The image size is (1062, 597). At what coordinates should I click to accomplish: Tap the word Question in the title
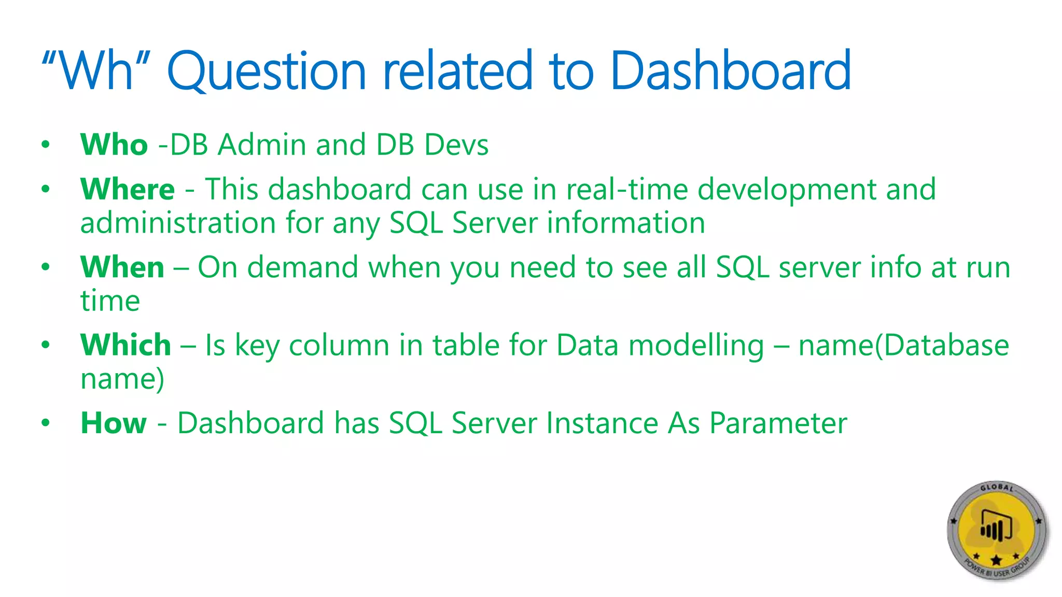point(267,72)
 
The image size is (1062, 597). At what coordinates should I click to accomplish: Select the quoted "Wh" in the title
point(95,70)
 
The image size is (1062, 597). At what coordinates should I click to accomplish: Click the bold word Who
point(114,145)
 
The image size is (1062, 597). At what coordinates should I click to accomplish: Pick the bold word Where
point(128,189)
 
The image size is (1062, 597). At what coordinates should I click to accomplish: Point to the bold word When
point(122,267)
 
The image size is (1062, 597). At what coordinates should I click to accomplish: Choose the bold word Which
point(125,345)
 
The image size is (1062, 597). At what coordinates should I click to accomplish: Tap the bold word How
point(114,423)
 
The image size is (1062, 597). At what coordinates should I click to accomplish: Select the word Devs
point(456,145)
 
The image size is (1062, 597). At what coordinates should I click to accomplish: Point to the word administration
point(178,223)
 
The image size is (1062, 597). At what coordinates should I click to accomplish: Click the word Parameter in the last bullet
point(778,423)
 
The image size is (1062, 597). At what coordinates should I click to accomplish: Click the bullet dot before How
point(46,423)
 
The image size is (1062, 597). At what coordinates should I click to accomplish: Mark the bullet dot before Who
point(46,145)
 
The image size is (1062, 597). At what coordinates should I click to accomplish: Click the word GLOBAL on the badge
point(996,488)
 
